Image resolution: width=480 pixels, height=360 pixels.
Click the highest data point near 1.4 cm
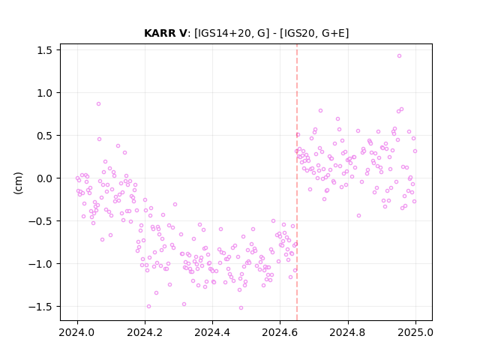click(399, 56)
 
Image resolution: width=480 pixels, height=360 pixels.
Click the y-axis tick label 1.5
click(45, 50)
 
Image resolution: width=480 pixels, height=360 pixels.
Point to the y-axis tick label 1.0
click(45, 93)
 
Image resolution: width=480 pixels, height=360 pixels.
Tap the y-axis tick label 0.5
click(45, 136)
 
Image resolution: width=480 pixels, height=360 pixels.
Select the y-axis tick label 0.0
click(45, 178)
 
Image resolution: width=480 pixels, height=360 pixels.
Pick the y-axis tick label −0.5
click(40, 221)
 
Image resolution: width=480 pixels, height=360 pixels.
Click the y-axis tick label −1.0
click(40, 264)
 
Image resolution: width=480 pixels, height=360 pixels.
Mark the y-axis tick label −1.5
click(40, 307)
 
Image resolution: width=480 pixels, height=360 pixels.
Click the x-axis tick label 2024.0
click(77, 332)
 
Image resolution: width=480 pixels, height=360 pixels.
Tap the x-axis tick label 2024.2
click(145, 332)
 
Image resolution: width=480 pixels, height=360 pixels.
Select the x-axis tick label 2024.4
click(212, 332)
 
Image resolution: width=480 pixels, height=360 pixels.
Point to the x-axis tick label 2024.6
click(280, 332)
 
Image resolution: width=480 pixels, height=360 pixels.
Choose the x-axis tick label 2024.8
click(348, 332)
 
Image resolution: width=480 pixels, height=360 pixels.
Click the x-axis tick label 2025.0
click(415, 332)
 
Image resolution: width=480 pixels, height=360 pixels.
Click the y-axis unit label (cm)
click(18, 183)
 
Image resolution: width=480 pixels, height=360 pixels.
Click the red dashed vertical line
click(297, 182)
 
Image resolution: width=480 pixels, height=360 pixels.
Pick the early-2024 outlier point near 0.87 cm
click(98, 104)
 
